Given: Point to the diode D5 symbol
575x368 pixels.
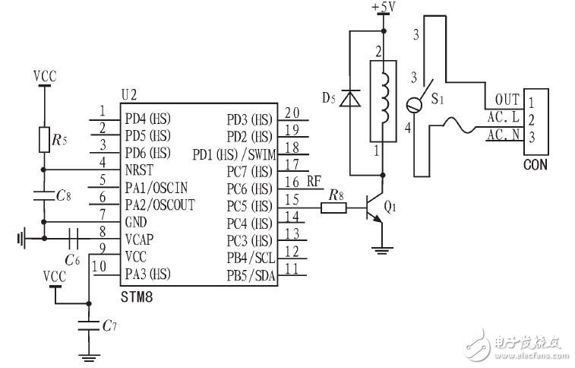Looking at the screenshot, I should [350, 99].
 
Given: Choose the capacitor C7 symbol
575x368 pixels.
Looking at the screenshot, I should [90, 326].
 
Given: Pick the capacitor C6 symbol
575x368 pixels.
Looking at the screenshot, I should [74, 239].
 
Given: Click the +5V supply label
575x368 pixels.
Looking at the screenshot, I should [384, 7].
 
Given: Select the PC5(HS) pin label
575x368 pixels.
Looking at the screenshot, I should [248, 206].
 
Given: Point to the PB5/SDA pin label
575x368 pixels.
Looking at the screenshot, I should [251, 274].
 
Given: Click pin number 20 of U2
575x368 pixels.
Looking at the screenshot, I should [292, 113].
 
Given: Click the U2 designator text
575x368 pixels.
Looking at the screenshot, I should [128, 95].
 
